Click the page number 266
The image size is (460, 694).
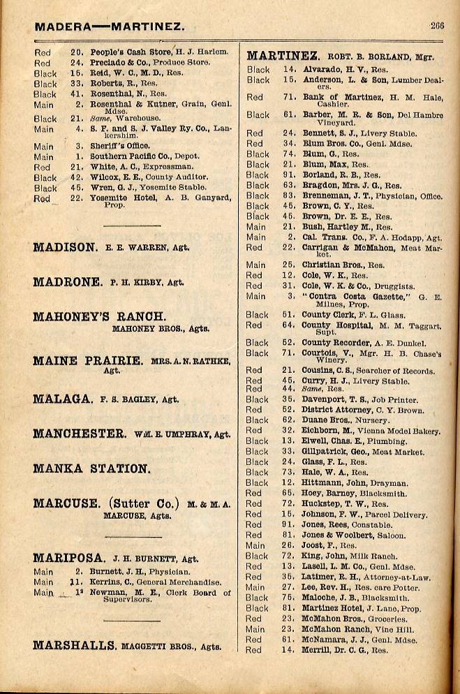(x=438, y=26)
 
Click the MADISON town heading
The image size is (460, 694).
(x=65, y=247)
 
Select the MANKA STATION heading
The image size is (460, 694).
(x=91, y=468)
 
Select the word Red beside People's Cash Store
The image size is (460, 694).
(x=43, y=52)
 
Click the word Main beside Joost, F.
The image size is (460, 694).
(x=255, y=545)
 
